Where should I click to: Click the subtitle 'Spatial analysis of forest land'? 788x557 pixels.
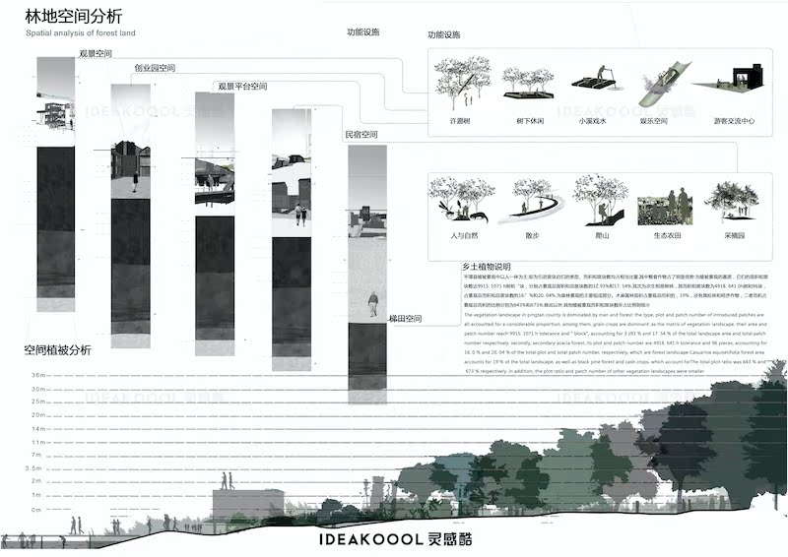click(x=75, y=32)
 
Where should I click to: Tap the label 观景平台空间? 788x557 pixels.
click(x=242, y=87)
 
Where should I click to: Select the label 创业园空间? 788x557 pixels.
click(x=155, y=69)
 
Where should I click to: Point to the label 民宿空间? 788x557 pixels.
click(x=361, y=134)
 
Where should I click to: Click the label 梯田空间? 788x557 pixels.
click(x=405, y=319)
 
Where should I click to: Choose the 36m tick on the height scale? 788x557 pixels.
click(x=39, y=376)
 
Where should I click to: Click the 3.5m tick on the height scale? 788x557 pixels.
click(x=38, y=469)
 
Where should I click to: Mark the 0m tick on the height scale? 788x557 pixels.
click(x=38, y=510)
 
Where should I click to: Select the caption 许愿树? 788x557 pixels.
click(x=461, y=122)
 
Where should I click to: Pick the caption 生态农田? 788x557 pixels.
click(x=659, y=236)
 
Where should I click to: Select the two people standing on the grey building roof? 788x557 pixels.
click(x=227, y=482)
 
